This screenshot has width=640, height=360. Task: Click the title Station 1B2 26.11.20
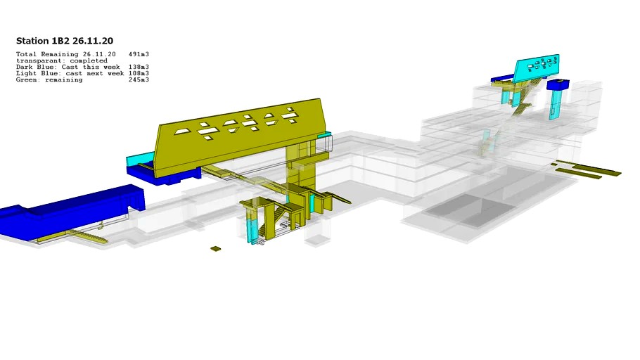point(65,41)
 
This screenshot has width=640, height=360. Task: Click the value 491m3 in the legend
point(139,54)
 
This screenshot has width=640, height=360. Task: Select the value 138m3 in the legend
point(139,67)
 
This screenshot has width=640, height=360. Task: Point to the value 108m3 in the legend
point(139,73)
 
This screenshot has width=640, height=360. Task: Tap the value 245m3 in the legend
point(139,79)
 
